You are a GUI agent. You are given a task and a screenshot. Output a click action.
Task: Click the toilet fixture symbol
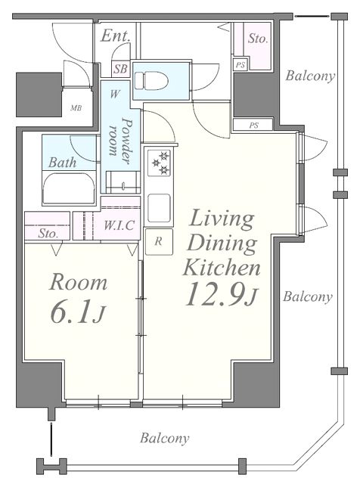pos(151,81)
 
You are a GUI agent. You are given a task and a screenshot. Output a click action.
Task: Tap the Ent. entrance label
pos(115,36)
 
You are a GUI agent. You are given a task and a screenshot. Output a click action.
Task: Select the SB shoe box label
pos(121,69)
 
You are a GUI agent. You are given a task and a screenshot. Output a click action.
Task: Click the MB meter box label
pos(76,108)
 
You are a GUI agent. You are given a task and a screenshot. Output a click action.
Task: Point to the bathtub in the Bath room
pos(69,188)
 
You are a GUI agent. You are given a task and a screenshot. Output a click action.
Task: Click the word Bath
pos(62,163)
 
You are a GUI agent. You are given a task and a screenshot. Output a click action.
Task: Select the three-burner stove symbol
pos(159,163)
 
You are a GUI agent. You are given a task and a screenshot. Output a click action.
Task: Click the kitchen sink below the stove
pos(159,209)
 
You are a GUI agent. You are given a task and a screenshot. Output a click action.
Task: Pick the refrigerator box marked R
pos(159,242)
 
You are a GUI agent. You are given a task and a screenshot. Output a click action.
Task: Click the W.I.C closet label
pos(119,225)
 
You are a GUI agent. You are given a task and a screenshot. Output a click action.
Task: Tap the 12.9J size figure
pos(221,295)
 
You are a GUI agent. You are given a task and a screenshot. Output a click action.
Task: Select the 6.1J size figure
pos(78,312)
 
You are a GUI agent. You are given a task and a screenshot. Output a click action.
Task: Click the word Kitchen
pos(222,268)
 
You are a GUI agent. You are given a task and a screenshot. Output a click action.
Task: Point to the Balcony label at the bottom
pos(165,438)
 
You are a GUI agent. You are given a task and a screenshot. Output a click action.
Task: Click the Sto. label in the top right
pos(258,39)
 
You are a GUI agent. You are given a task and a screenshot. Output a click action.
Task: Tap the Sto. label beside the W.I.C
pos(48,234)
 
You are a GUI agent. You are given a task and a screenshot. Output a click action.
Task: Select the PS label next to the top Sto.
pos(241,65)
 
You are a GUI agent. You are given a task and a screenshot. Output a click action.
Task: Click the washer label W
pos(114,94)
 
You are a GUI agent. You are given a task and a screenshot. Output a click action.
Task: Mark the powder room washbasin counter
pos(123,182)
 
